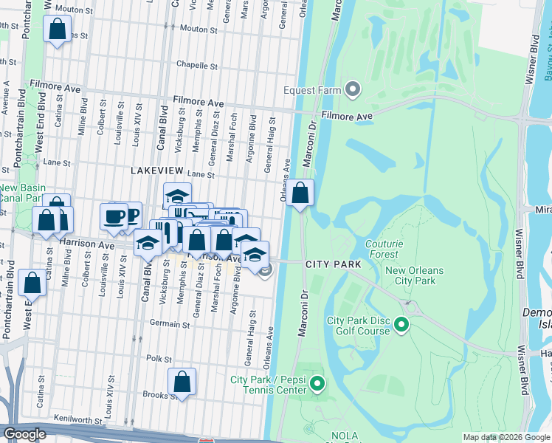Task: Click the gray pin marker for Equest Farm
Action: point(353,91)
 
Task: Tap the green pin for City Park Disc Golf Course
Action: point(401,324)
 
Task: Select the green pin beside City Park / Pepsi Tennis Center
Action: point(317,384)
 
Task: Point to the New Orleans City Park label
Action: point(415,275)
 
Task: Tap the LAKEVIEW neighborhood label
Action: point(156,170)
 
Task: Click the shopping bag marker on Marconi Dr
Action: point(300,193)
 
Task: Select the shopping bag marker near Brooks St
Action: point(182,382)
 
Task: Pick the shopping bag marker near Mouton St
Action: point(57,29)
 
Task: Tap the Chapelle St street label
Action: point(197,65)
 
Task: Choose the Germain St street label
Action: point(165,324)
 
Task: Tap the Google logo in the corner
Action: point(25,434)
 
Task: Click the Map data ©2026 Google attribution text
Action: point(506,437)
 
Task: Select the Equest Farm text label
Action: point(313,91)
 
